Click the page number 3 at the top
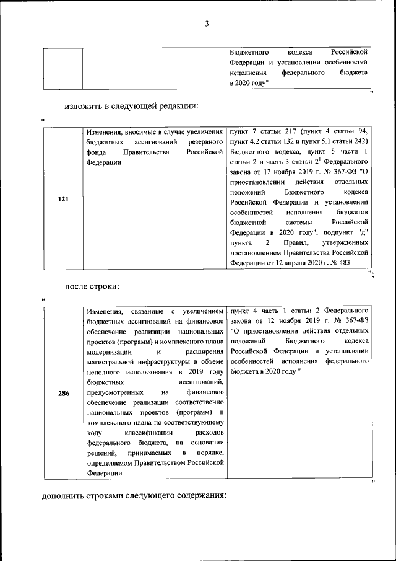(207, 24)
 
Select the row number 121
(62, 199)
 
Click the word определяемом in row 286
(109, 462)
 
